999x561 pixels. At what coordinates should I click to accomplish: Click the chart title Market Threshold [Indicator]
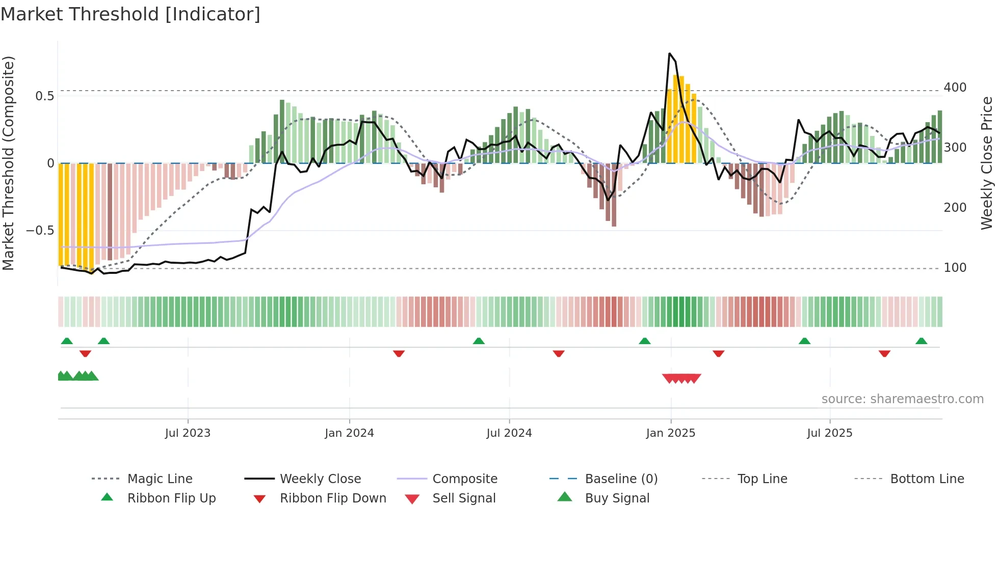[x=130, y=14]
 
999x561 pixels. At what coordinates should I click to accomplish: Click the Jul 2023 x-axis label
[x=188, y=433]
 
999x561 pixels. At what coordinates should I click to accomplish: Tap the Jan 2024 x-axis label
[x=349, y=433]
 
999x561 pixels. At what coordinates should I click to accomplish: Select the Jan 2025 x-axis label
[x=670, y=433]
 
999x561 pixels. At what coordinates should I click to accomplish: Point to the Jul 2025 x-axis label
[x=829, y=433]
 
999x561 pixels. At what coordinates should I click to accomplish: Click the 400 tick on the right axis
[x=955, y=88]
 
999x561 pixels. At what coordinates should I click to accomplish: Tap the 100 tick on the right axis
[x=955, y=268]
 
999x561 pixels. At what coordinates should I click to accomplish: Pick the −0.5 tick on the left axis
[x=40, y=231]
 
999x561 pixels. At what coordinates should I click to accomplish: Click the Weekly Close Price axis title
[x=987, y=163]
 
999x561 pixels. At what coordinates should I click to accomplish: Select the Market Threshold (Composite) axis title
[x=8, y=163]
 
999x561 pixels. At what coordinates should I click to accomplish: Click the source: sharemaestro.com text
[x=902, y=399]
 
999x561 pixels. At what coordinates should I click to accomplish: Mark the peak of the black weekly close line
[x=669, y=53]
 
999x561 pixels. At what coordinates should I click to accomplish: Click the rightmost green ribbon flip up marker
[x=921, y=341]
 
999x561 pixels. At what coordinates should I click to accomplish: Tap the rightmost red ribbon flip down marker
[x=884, y=353]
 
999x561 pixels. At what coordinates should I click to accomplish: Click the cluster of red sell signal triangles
[x=681, y=378]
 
